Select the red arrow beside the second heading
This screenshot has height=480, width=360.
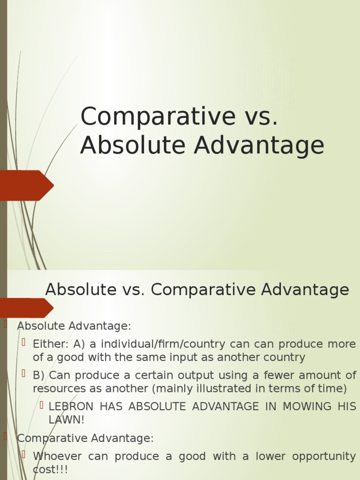26,307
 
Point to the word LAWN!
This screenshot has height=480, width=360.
67,420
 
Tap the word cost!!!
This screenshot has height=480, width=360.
50,470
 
